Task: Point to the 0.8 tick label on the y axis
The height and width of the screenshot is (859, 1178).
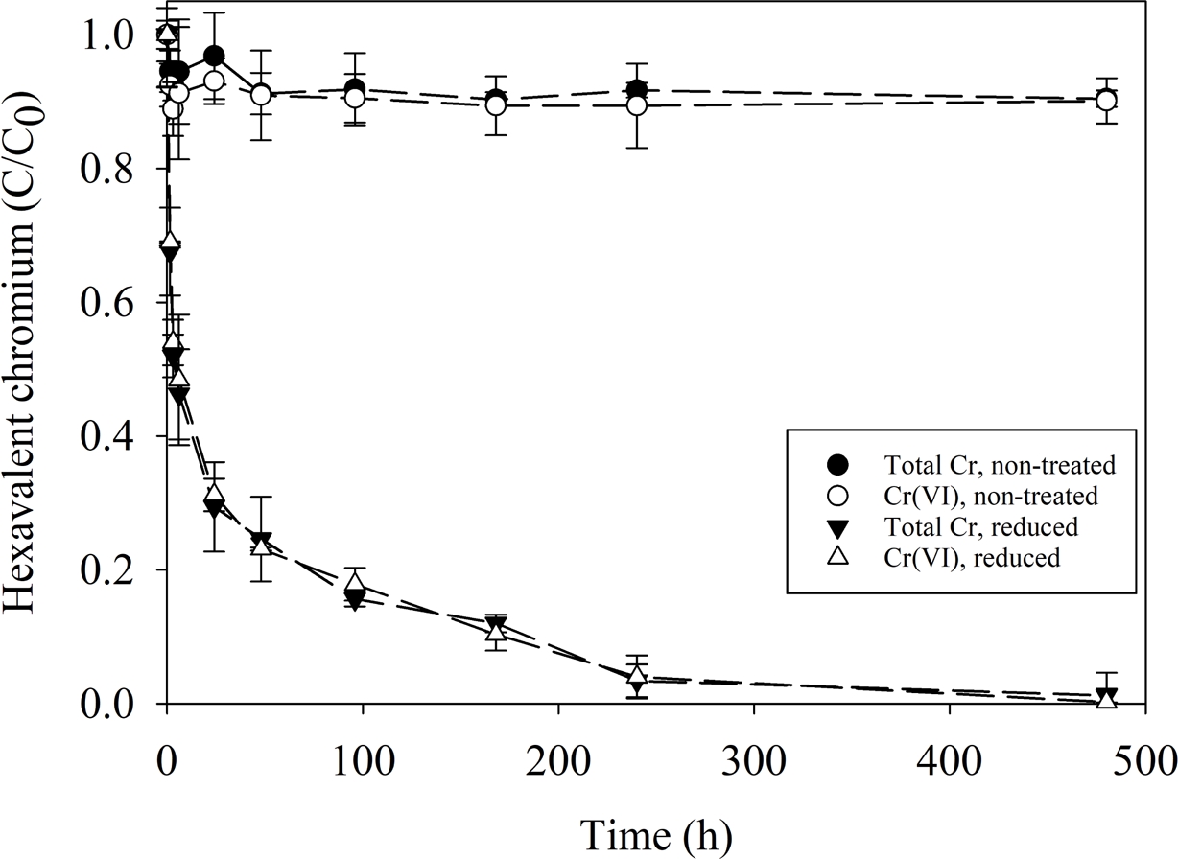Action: [119, 169]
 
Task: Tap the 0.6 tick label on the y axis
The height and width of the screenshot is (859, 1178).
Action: [119, 303]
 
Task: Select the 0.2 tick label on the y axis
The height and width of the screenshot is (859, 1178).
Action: [119, 570]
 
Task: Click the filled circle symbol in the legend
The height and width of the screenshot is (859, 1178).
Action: [839, 466]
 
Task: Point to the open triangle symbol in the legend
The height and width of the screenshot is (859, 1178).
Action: [839, 557]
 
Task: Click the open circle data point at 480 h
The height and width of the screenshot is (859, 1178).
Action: [1105, 101]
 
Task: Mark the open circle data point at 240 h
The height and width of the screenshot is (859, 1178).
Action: [636, 104]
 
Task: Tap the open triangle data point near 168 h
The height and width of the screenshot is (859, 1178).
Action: [495, 631]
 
